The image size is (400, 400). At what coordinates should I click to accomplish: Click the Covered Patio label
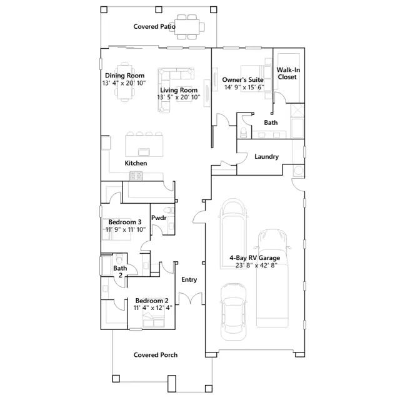pyautogui.click(x=154, y=26)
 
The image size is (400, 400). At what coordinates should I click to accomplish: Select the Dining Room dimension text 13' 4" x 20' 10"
pyautogui.click(x=124, y=83)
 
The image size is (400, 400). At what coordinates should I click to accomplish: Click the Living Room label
pyautogui.click(x=179, y=90)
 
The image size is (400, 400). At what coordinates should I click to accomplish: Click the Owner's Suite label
pyautogui.click(x=243, y=80)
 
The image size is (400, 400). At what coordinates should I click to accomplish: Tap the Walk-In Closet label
pyautogui.click(x=288, y=74)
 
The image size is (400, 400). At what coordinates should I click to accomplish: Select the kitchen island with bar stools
pyautogui.click(x=144, y=144)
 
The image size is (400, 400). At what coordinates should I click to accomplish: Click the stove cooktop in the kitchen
pyautogui.click(x=136, y=176)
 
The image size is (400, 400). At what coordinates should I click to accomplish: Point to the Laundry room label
pyautogui.click(x=267, y=157)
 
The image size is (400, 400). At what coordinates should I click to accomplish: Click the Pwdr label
pyautogui.click(x=159, y=218)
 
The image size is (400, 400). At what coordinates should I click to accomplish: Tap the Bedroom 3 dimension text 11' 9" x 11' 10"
pyautogui.click(x=126, y=229)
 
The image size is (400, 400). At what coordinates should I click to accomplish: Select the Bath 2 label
pyautogui.click(x=120, y=272)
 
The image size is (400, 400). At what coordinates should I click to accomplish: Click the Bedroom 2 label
pyautogui.click(x=152, y=301)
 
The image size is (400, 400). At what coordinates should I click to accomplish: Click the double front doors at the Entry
pyautogui.click(x=191, y=299)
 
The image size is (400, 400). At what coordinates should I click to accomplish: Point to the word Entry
pyautogui.click(x=189, y=280)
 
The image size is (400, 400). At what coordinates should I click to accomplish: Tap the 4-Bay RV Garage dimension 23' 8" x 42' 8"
pyautogui.click(x=256, y=266)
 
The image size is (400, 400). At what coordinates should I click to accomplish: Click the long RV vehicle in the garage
pyautogui.click(x=272, y=278)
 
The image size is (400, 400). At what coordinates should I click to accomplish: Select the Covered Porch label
pyautogui.click(x=156, y=355)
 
